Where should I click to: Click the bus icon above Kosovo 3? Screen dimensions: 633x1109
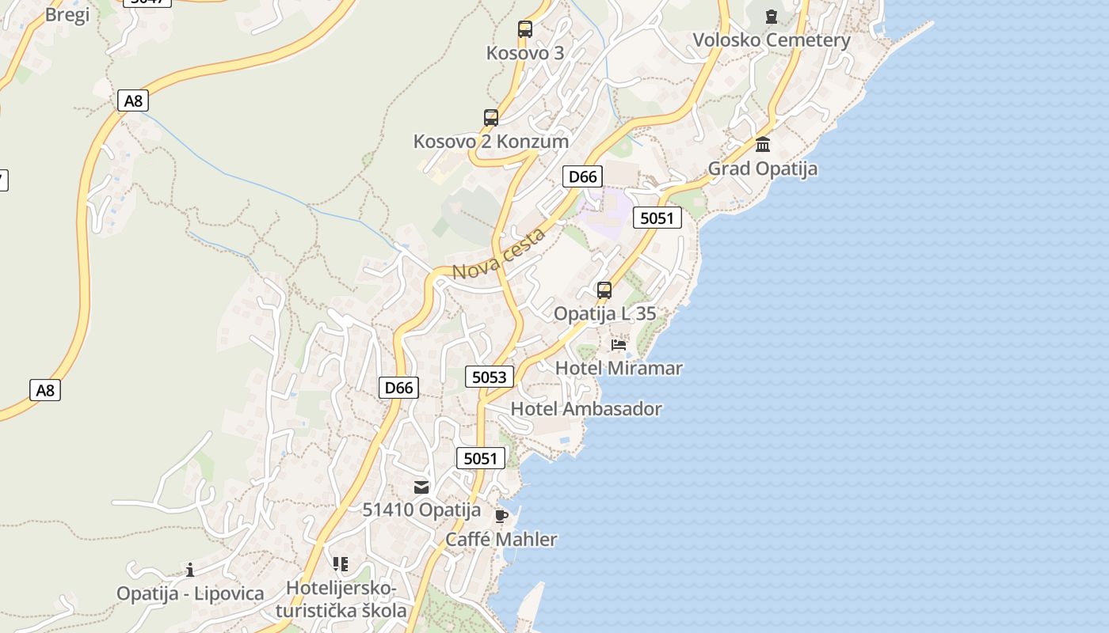tap(524, 29)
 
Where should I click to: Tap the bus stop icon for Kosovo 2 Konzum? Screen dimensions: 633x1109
tap(491, 118)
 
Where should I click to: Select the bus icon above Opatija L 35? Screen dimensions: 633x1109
tap(604, 290)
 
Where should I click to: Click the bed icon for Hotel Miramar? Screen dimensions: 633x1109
tap(619, 344)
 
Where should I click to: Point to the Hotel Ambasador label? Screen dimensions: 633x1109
tap(586, 409)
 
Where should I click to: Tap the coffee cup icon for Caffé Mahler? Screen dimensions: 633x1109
tap(501, 517)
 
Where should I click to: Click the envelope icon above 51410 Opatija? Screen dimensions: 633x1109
tap(421, 487)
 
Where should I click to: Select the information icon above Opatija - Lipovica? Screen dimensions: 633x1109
tap(190, 570)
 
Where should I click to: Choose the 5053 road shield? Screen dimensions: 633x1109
tap(489, 377)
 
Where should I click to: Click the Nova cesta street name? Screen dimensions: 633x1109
tap(499, 253)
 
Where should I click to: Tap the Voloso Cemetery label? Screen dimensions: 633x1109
tap(772, 40)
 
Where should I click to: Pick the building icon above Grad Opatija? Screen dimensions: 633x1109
tap(763, 145)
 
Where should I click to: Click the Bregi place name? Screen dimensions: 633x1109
tap(67, 14)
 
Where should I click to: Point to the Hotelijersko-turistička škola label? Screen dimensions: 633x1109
tap(341, 600)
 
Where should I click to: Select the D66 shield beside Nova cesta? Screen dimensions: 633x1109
tap(583, 176)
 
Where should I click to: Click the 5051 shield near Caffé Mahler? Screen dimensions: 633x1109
tap(480, 458)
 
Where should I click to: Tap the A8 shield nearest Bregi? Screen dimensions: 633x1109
tap(133, 100)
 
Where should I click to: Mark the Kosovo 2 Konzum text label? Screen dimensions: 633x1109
tap(491, 142)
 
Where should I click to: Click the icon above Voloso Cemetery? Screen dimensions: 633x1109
tap(772, 16)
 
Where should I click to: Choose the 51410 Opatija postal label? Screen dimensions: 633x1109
tap(421, 510)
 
